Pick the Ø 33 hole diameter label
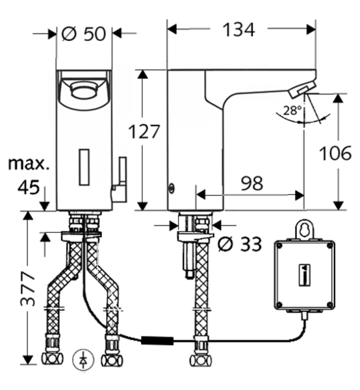(240, 244)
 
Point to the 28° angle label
(292, 110)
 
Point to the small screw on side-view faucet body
(172, 190)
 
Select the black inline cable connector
(157, 339)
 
